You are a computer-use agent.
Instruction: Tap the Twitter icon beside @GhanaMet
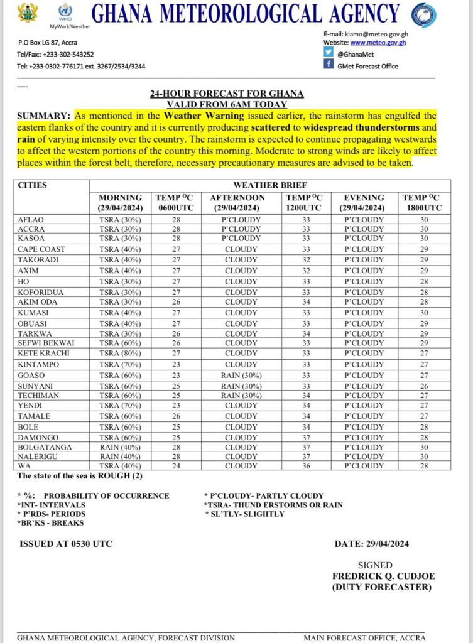(329, 54)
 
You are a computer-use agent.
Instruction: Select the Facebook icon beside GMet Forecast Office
(329, 65)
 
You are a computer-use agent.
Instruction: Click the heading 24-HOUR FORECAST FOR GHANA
(226, 94)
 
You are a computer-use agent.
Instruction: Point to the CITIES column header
(33, 185)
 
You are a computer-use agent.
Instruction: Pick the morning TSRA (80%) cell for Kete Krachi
(121, 354)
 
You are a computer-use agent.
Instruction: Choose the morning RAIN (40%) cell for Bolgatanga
(121, 448)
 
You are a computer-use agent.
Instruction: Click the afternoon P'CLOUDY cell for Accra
(241, 229)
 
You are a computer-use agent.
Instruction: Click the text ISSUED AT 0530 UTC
(66, 544)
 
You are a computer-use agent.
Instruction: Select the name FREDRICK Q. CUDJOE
(383, 576)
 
